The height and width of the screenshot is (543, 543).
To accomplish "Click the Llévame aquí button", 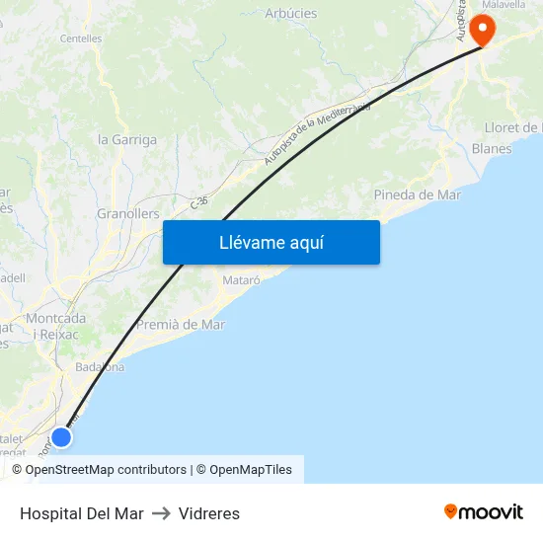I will [271, 243].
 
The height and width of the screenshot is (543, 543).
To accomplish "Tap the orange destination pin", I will [482, 28].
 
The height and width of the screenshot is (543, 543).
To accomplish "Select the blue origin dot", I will [61, 436].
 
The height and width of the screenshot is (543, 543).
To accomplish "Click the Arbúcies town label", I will [291, 13].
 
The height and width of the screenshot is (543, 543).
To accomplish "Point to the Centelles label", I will [81, 39].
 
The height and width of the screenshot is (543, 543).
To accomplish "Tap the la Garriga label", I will [127, 140].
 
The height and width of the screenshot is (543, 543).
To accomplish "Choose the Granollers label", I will [128, 213].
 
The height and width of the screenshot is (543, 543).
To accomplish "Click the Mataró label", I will [242, 280].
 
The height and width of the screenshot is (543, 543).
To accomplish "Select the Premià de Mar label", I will [181, 324].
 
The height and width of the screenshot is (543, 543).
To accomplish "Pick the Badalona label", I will [100, 367].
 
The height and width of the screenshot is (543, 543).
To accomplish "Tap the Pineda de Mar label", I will [418, 194].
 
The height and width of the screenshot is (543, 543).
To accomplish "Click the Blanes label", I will [492, 149].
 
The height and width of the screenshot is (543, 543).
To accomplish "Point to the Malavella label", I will [504, 4].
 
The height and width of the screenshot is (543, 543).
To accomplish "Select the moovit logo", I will [484, 511].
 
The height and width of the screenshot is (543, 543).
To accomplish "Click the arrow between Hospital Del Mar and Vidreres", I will [161, 513].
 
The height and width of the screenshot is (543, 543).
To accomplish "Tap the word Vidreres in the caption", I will [209, 513].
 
